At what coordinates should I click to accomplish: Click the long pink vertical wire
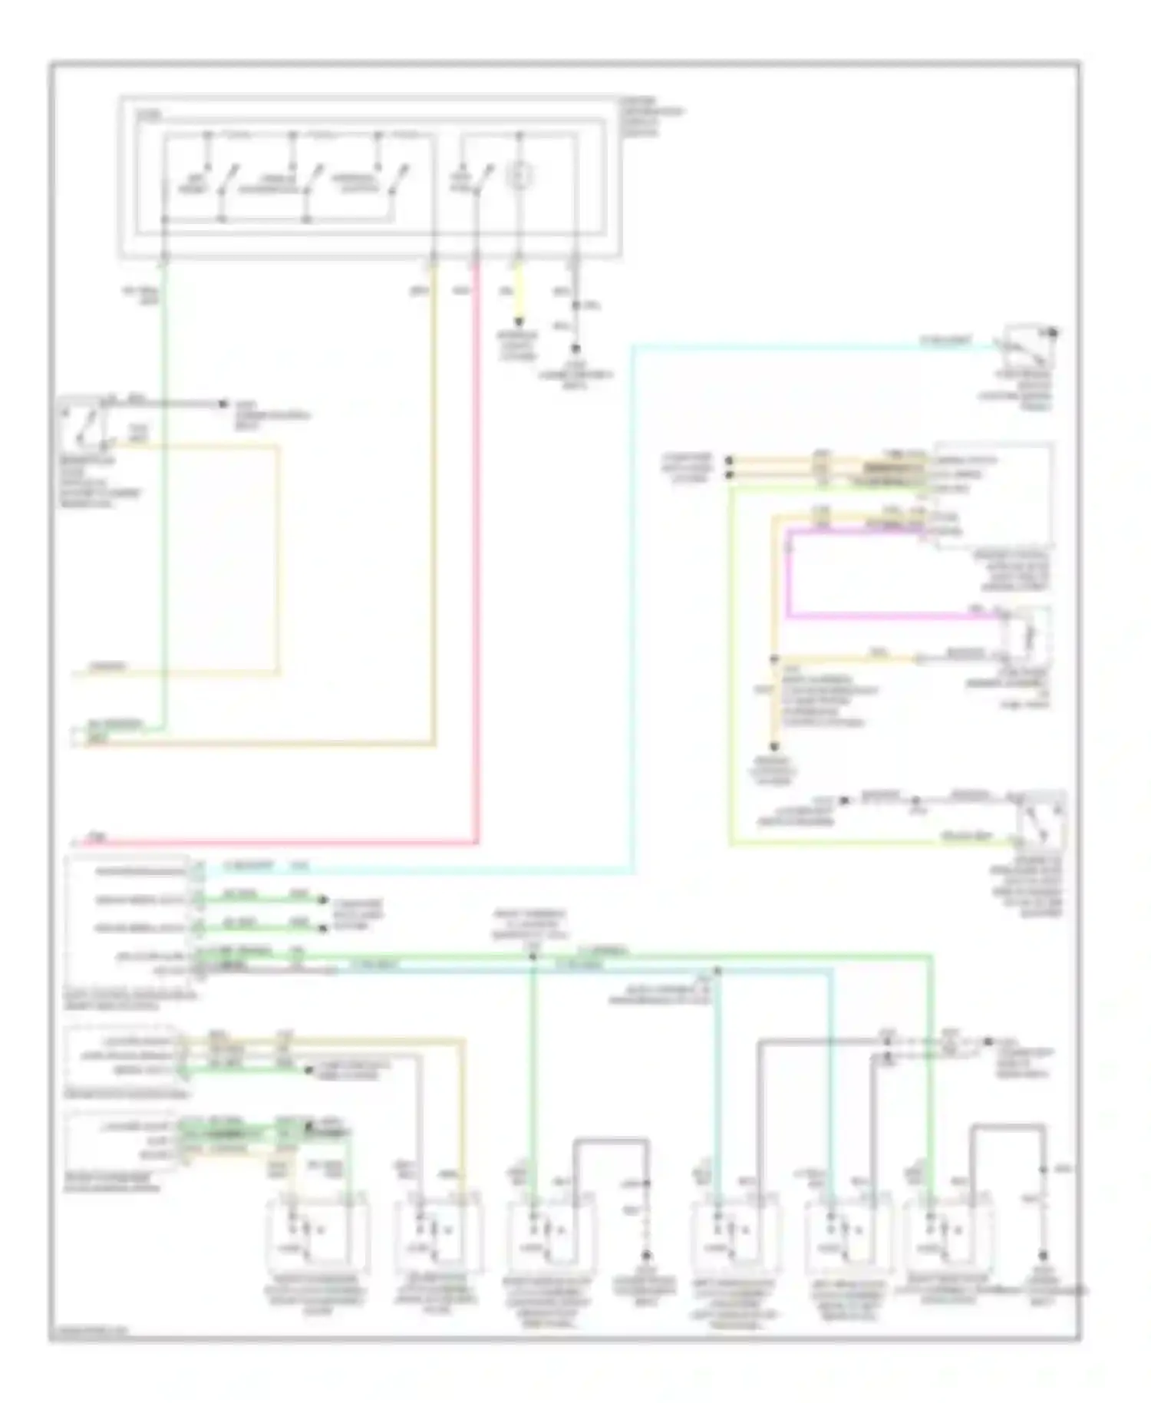477,553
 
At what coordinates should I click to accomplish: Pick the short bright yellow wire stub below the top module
519,295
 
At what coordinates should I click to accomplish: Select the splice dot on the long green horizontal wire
533,957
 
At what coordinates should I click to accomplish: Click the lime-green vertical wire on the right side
730,668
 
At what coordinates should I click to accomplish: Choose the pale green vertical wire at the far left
163,499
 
